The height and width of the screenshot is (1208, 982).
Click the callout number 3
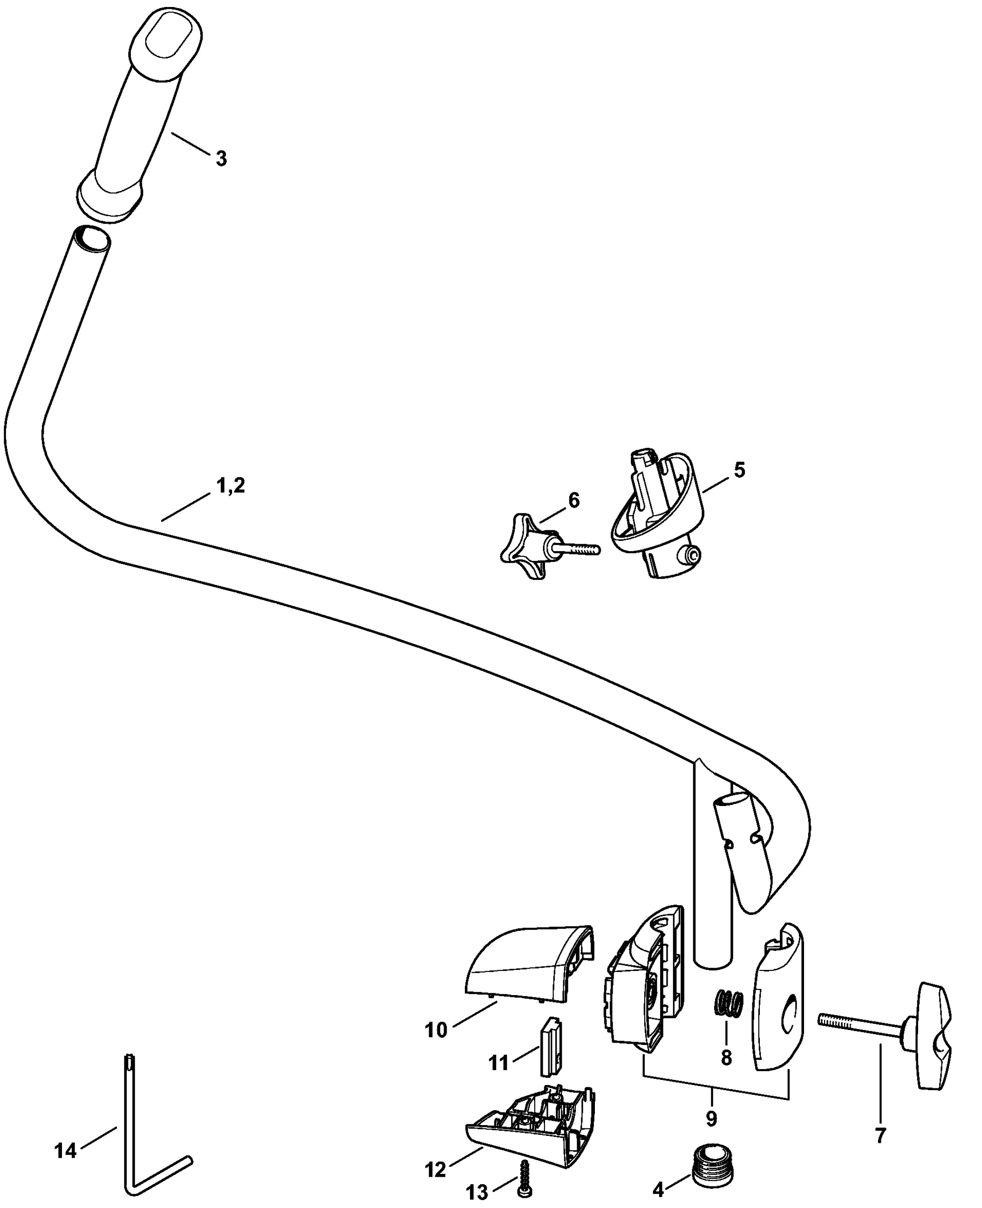[x=221, y=158]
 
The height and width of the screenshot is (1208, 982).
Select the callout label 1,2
[x=231, y=485]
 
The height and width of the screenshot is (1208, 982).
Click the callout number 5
[x=739, y=470]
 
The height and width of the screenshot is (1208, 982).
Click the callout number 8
[x=727, y=1057]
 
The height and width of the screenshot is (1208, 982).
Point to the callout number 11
[x=498, y=1063]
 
